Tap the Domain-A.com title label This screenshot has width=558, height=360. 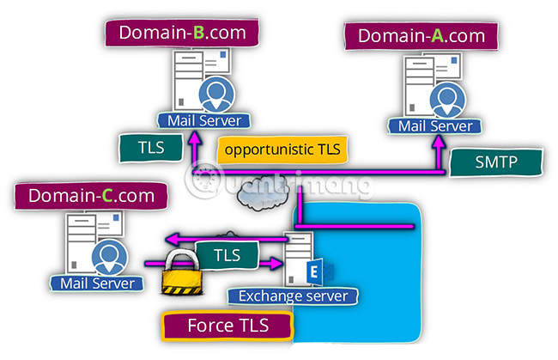click(421, 37)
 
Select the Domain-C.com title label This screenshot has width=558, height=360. click(91, 196)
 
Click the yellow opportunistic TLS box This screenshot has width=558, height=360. click(282, 149)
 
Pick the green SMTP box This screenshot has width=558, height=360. click(497, 161)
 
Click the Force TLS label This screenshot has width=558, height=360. click(227, 326)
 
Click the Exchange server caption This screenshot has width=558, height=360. click(294, 296)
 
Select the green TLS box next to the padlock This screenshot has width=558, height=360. click(226, 254)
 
